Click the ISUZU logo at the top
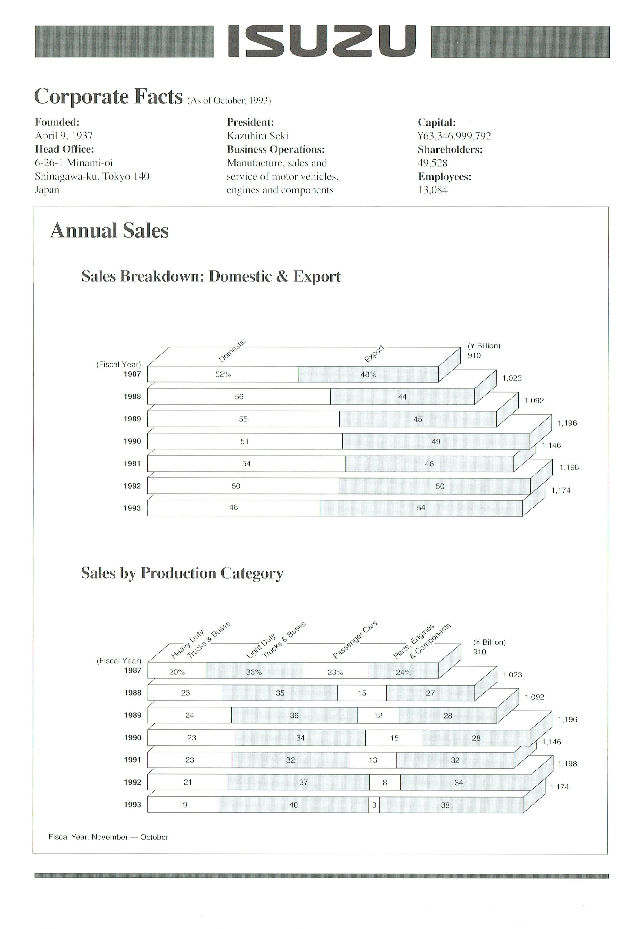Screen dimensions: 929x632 (x=322, y=41)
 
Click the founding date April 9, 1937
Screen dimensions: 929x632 (x=64, y=136)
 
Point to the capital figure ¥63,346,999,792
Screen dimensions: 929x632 (x=454, y=136)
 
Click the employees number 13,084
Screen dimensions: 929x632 (x=433, y=190)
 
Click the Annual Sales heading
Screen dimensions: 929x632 (x=110, y=231)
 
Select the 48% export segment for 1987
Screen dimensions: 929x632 (x=368, y=375)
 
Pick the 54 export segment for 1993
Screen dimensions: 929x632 (x=421, y=508)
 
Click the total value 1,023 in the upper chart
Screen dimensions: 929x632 (x=512, y=378)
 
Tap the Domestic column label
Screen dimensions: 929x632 (x=232, y=351)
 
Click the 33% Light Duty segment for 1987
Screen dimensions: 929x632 (x=254, y=672)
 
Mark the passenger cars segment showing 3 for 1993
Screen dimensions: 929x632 (x=374, y=805)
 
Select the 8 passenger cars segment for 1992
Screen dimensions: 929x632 (x=385, y=783)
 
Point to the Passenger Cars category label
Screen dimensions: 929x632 (x=355, y=640)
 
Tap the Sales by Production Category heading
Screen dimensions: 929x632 (x=182, y=573)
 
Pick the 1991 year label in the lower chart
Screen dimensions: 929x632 (x=132, y=760)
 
